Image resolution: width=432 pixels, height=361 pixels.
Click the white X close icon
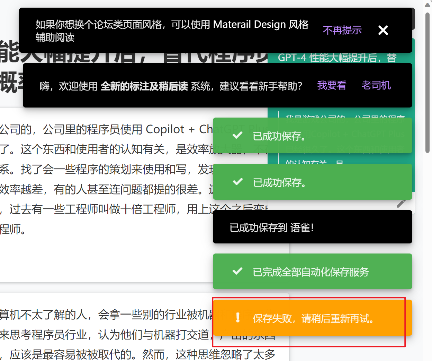click(x=383, y=30)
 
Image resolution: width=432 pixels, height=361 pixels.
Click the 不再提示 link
click(x=342, y=30)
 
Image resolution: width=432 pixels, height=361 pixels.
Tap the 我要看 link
click(x=332, y=85)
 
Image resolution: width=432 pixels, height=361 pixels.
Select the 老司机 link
click(x=376, y=85)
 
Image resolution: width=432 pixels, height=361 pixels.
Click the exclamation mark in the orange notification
click(x=238, y=318)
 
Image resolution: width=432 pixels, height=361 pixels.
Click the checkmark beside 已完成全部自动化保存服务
click(x=237, y=271)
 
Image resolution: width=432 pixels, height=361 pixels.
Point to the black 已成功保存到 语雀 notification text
click(x=272, y=228)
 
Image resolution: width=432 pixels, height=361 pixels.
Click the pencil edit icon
click(x=401, y=203)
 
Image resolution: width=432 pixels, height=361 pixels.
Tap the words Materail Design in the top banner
click(x=250, y=24)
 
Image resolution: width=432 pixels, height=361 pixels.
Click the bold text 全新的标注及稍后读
click(x=144, y=86)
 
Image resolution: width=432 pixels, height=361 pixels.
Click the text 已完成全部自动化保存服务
click(x=311, y=272)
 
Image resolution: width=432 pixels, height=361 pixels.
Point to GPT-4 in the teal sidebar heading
click(x=292, y=58)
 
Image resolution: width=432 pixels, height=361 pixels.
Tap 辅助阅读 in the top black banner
click(x=55, y=37)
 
